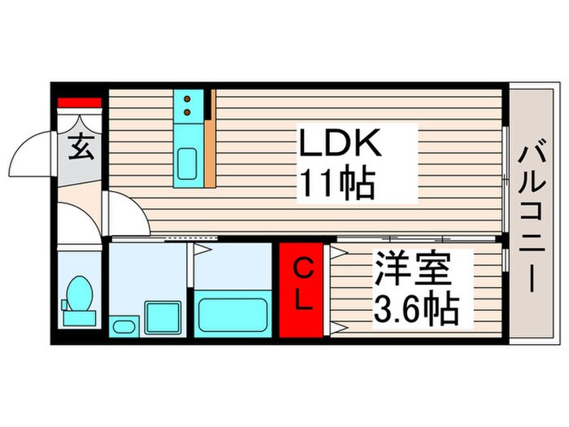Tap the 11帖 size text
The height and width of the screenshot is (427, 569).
[338, 185]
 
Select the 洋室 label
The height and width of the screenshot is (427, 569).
[413, 270]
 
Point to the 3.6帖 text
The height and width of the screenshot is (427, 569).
[416, 307]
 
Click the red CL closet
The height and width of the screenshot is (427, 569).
[303, 289]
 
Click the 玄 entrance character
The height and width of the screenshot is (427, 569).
[79, 150]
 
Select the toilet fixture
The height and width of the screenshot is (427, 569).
[79, 296]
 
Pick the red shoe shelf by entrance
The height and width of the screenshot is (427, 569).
[80, 103]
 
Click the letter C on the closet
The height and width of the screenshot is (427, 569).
[302, 268]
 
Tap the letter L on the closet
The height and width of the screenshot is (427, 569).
[302, 303]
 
